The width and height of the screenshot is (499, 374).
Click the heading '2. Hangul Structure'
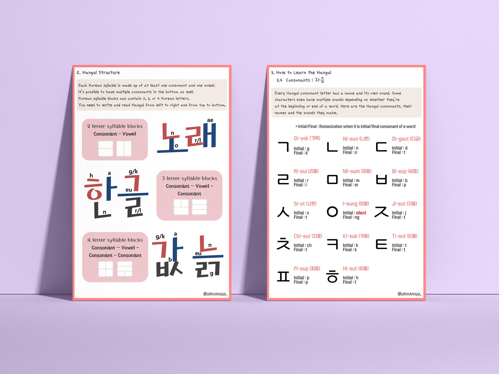pyautogui.click(x=98, y=73)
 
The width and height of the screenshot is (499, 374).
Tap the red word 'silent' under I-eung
pyautogui.click(x=361, y=213)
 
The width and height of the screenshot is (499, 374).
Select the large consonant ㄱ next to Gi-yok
pyautogui.click(x=283, y=147)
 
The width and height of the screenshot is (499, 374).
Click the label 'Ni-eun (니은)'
pyautogui.click(x=356, y=139)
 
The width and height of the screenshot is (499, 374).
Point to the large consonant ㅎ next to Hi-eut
pyautogui.click(x=332, y=276)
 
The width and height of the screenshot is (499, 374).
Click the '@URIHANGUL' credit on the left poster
pyautogui.click(x=215, y=294)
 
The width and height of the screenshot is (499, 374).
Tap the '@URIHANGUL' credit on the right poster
pyautogui.click(x=409, y=294)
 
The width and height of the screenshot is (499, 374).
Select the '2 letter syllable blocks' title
pyautogui.click(x=115, y=126)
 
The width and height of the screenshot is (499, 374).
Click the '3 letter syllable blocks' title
pyautogui.click(x=189, y=178)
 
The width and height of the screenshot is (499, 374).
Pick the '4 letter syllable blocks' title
pyautogui.click(x=115, y=240)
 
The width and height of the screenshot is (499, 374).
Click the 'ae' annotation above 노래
pyautogui.click(x=210, y=120)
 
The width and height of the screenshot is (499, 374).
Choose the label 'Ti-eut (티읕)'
pyautogui.click(x=404, y=236)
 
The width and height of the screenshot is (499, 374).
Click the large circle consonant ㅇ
pyautogui.click(x=332, y=212)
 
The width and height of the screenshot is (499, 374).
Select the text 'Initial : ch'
pyautogui.click(x=302, y=245)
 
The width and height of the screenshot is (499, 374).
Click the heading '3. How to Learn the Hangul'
pyautogui.click(x=301, y=73)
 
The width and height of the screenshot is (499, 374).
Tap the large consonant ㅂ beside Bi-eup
pyautogui.click(x=381, y=179)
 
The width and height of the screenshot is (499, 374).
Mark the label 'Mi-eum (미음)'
pyautogui.click(x=357, y=171)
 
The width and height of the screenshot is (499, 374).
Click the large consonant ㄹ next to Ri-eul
pyautogui.click(x=283, y=179)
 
